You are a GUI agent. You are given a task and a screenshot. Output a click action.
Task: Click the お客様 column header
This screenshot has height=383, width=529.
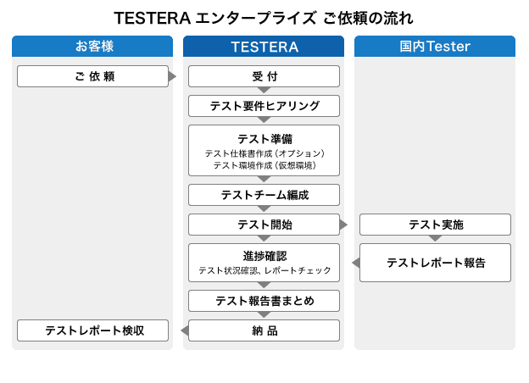pyautogui.click(x=92, y=47)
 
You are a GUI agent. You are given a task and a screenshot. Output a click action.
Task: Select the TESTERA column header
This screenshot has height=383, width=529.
pyautogui.click(x=264, y=47)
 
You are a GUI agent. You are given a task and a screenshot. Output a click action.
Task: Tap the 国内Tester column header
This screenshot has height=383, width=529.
pyautogui.click(x=435, y=47)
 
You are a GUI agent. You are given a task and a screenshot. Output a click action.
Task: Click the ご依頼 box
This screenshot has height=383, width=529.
pyautogui.click(x=92, y=76)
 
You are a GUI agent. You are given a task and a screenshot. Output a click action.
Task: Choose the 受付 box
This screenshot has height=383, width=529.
pyautogui.click(x=264, y=76)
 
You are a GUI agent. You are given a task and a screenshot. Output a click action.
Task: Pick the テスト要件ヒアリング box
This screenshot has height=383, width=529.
pyautogui.click(x=264, y=106)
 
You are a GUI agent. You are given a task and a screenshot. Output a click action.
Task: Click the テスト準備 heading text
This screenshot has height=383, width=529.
pyautogui.click(x=264, y=139)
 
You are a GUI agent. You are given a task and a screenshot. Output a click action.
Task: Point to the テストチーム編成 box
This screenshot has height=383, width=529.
pyautogui.click(x=264, y=195)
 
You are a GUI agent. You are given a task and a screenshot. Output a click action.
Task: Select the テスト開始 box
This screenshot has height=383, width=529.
pyautogui.click(x=264, y=225)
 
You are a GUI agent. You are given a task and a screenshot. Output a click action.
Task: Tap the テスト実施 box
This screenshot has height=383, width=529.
pyautogui.click(x=435, y=225)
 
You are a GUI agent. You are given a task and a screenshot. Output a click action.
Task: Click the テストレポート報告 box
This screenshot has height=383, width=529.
pyautogui.click(x=435, y=263)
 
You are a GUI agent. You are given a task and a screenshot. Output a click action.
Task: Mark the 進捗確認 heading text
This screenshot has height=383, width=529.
pyautogui.click(x=264, y=256)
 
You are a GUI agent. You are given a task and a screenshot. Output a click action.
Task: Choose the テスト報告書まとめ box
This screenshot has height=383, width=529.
pyautogui.click(x=264, y=301)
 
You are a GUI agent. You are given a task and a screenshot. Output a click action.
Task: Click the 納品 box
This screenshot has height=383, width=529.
pyautogui.click(x=264, y=330)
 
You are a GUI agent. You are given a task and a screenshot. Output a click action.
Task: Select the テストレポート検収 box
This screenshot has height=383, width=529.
pyautogui.click(x=92, y=330)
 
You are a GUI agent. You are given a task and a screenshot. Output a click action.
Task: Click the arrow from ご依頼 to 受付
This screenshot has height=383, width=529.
pyautogui.click(x=172, y=76)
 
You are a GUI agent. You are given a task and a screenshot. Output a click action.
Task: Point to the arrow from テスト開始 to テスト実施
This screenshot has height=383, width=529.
pyautogui.click(x=343, y=225)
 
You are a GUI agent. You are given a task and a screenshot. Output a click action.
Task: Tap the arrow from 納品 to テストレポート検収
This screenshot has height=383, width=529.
pyautogui.click(x=185, y=330)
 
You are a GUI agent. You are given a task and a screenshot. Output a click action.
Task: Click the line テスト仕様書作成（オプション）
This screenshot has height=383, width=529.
pyautogui.click(x=264, y=153)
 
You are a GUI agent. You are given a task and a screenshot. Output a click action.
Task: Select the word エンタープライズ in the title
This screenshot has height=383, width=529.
pyautogui.click(x=256, y=18)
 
